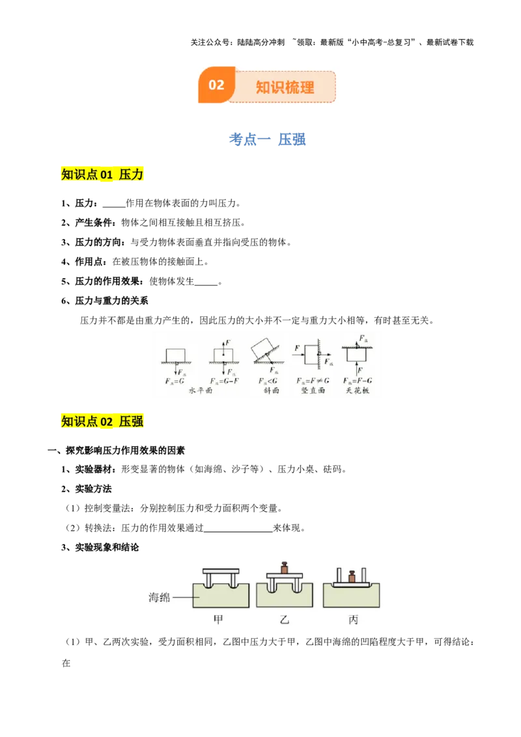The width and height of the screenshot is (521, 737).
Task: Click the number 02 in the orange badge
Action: click(216, 85)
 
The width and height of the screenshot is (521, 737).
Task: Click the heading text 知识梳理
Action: click(285, 87)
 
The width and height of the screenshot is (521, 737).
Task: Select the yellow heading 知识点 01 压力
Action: click(102, 174)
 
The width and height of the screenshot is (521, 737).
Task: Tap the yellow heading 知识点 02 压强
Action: click(102, 421)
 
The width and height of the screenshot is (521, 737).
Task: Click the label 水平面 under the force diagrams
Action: click(201, 391)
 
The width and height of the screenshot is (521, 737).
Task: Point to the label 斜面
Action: click(271, 391)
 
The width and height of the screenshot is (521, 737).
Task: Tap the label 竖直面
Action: click(313, 391)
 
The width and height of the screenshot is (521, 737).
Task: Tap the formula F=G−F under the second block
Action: click(221, 380)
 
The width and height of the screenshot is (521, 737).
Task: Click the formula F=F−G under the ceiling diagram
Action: click(358, 380)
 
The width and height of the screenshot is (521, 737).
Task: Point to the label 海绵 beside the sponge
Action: click(160, 597)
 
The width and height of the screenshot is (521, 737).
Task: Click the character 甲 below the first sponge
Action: click(218, 620)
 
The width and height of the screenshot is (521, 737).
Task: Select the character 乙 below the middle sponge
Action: click(284, 620)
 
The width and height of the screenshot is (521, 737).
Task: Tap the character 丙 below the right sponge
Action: click(353, 620)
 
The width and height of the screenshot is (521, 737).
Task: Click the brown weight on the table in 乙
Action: click(284, 568)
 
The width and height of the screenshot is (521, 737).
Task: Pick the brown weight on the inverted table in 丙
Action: click(352, 577)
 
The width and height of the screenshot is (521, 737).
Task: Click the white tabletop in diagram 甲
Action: click(221, 571)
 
